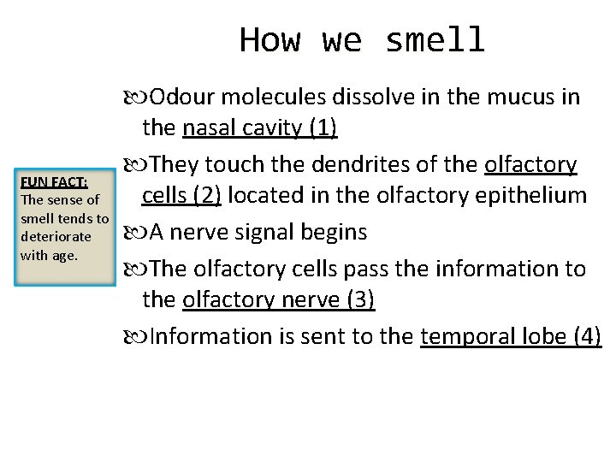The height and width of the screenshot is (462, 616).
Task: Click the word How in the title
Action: tap(270, 40)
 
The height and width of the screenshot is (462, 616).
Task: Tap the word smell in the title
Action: tap(435, 40)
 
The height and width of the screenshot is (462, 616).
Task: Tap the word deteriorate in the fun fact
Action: tap(56, 236)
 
